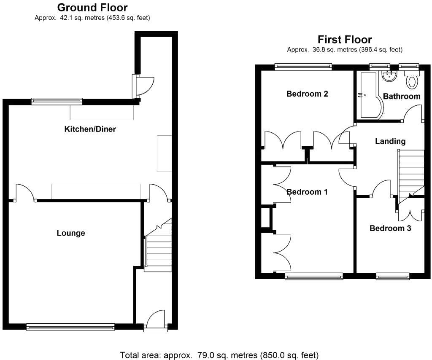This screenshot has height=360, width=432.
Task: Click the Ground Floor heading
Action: (92, 8)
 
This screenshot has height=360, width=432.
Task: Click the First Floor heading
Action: (345, 40)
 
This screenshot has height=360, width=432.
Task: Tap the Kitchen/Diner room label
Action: (90, 129)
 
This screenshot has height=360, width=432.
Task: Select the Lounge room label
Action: (71, 233)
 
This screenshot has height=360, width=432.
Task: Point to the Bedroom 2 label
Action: (307, 94)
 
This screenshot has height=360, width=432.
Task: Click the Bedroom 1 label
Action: (307, 192)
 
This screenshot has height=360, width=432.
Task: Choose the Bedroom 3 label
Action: (390, 228)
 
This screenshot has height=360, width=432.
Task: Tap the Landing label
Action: (390, 141)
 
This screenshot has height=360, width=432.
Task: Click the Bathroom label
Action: (402, 96)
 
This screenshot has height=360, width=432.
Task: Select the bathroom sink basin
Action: (389, 76)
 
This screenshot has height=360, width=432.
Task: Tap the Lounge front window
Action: (70, 326)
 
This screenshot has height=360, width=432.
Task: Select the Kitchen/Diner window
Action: (57, 101)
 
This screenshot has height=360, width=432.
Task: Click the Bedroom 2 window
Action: (303, 66)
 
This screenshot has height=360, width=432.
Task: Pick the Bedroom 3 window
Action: (393, 276)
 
